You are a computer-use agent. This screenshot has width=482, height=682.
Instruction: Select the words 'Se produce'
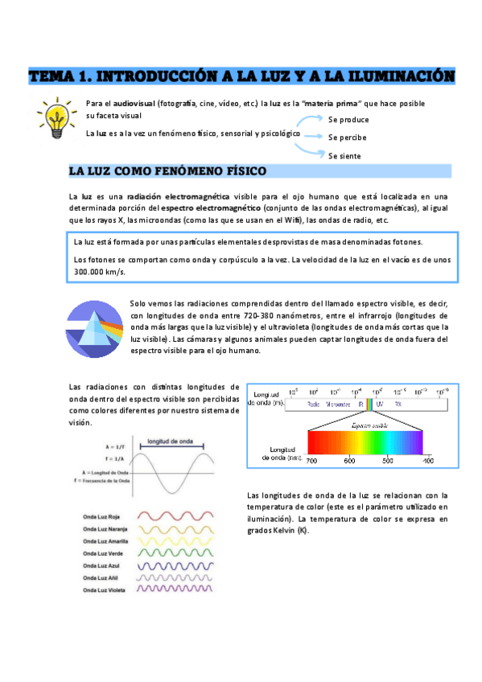tap(348, 119)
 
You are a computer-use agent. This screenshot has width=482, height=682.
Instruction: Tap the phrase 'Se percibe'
tap(348, 138)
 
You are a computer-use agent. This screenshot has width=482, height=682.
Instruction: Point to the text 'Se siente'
tap(344, 156)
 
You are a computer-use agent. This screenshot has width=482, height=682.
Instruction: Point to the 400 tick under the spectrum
tap(428, 461)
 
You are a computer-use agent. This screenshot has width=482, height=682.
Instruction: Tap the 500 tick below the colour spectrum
tap(388, 461)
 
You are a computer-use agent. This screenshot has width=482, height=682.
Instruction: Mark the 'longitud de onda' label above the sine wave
tap(169, 441)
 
